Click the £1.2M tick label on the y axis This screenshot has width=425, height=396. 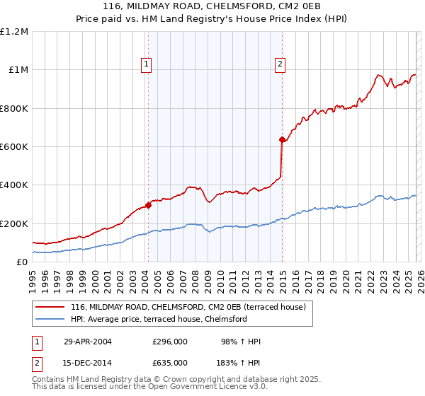pos(14,32)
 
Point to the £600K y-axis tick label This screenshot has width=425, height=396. pos(14,147)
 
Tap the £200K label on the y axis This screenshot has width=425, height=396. pos(14,223)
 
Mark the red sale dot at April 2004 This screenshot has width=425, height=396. pos(148,205)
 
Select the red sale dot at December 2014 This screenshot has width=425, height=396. pos(282,140)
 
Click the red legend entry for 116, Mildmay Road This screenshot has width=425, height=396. pos(188,307)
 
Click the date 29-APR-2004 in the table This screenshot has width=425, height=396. pos(88,342)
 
